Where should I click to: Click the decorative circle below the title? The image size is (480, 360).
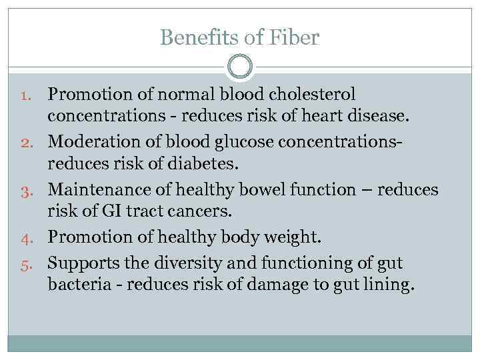[240, 67]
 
